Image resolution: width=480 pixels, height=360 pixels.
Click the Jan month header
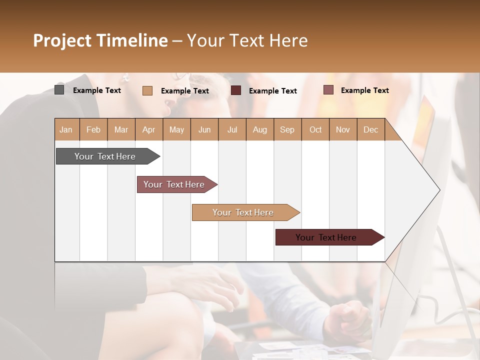click(x=66, y=129)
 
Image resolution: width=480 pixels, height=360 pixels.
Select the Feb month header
click(x=93, y=129)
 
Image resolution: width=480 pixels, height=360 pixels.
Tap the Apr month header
click(x=149, y=129)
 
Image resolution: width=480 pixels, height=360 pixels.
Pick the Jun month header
click(x=204, y=129)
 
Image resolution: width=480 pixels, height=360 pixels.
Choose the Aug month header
click(x=260, y=129)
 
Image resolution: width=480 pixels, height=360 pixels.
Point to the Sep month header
click(x=287, y=129)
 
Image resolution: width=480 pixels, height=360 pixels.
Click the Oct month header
click(x=315, y=129)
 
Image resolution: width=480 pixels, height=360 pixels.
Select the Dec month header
click(x=371, y=129)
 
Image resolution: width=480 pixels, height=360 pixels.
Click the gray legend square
click(x=59, y=90)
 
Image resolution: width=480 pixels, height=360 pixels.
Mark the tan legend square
click(x=147, y=90)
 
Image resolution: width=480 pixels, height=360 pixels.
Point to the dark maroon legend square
click(x=236, y=90)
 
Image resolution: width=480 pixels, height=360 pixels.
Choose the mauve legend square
click(x=328, y=90)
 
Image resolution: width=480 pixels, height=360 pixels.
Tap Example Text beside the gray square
click(x=97, y=90)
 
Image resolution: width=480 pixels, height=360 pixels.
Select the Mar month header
click(x=121, y=129)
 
